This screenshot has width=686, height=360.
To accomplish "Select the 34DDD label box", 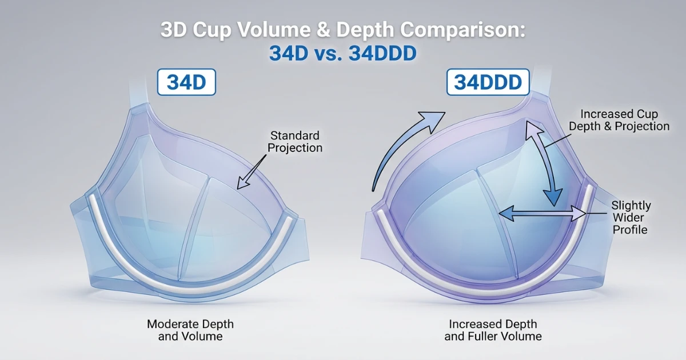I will click(488, 83).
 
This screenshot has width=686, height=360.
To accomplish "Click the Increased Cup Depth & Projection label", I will click(624, 120).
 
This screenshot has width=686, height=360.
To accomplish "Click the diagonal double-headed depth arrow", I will click(543, 163).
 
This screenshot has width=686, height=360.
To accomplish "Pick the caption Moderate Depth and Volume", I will click(190, 330).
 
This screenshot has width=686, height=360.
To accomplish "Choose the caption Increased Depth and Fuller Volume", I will click(493, 330).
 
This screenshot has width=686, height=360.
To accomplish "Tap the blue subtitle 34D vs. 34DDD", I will click(343, 54).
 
